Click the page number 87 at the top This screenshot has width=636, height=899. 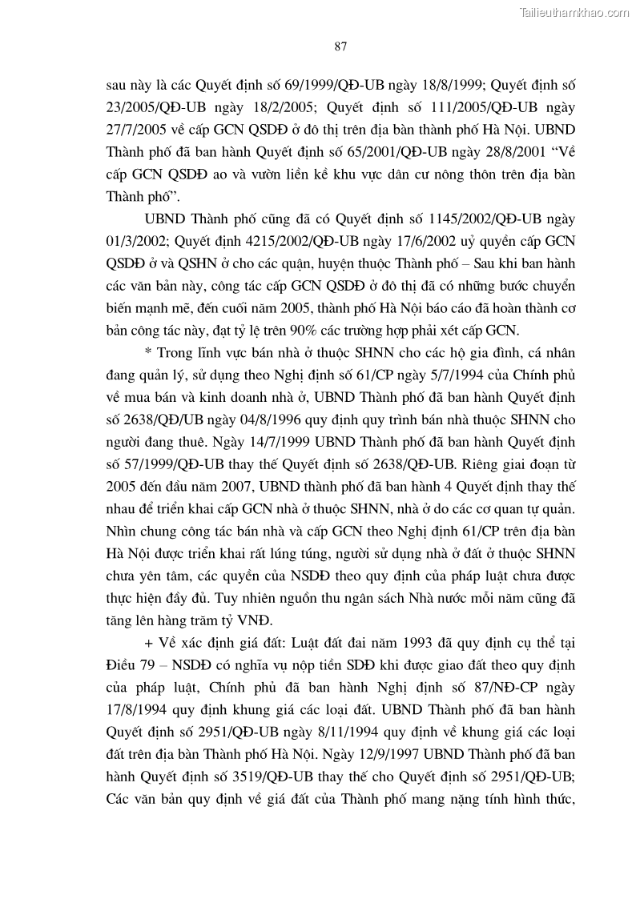click(x=340, y=46)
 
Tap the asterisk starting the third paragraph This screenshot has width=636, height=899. click(x=147, y=353)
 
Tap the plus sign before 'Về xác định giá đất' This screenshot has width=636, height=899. click(x=148, y=643)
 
